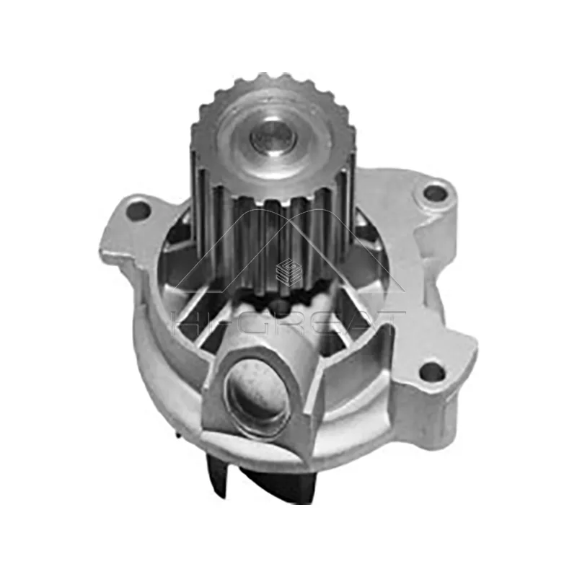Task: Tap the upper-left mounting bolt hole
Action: (137, 211)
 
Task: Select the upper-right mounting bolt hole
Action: (434, 193)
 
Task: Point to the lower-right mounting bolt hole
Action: (431, 372)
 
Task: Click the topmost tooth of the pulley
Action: (272, 77)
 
